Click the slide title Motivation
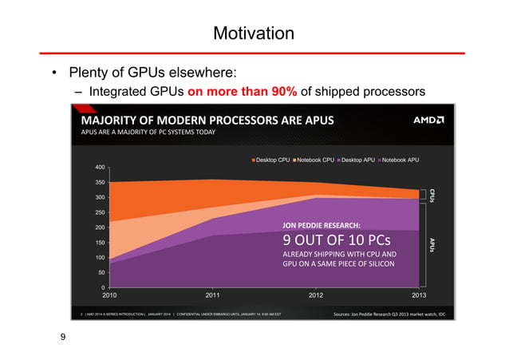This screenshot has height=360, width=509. pos(254,34)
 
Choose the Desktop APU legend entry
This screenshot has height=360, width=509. pos(364,160)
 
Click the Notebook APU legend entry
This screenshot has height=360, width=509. pos(408,160)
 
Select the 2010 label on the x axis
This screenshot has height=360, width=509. pos(111,295)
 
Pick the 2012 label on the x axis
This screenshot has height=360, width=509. pos(318,295)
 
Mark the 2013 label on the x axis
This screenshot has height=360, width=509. pos(419,295)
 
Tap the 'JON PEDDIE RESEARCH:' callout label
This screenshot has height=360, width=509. pos(322,224)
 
